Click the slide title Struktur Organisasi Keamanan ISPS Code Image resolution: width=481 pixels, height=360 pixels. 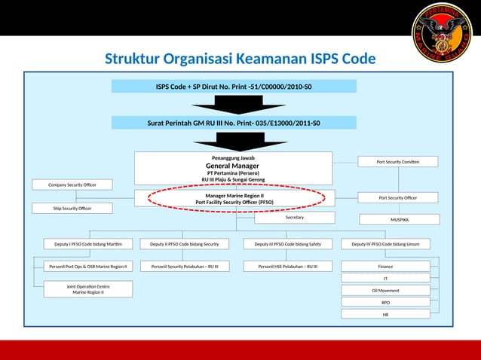(x=240, y=59)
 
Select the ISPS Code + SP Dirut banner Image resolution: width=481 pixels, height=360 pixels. (x=234, y=87)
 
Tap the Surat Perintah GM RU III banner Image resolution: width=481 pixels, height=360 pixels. (x=234, y=123)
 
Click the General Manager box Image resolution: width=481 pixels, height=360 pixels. (x=233, y=168)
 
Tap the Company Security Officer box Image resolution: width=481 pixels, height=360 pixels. (x=72, y=185)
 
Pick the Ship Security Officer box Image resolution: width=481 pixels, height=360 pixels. (x=72, y=208)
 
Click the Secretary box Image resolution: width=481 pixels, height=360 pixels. (x=294, y=218)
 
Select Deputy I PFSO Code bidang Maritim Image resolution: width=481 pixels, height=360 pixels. (x=88, y=243)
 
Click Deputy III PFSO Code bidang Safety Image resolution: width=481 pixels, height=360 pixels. (x=288, y=243)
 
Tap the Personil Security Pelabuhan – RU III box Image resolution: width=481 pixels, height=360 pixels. (x=185, y=266)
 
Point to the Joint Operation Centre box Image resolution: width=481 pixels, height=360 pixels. (x=88, y=289)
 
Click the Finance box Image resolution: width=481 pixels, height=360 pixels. (x=385, y=266)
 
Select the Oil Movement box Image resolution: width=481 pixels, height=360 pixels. (x=385, y=290)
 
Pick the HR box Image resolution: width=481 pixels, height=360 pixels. (x=385, y=314)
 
